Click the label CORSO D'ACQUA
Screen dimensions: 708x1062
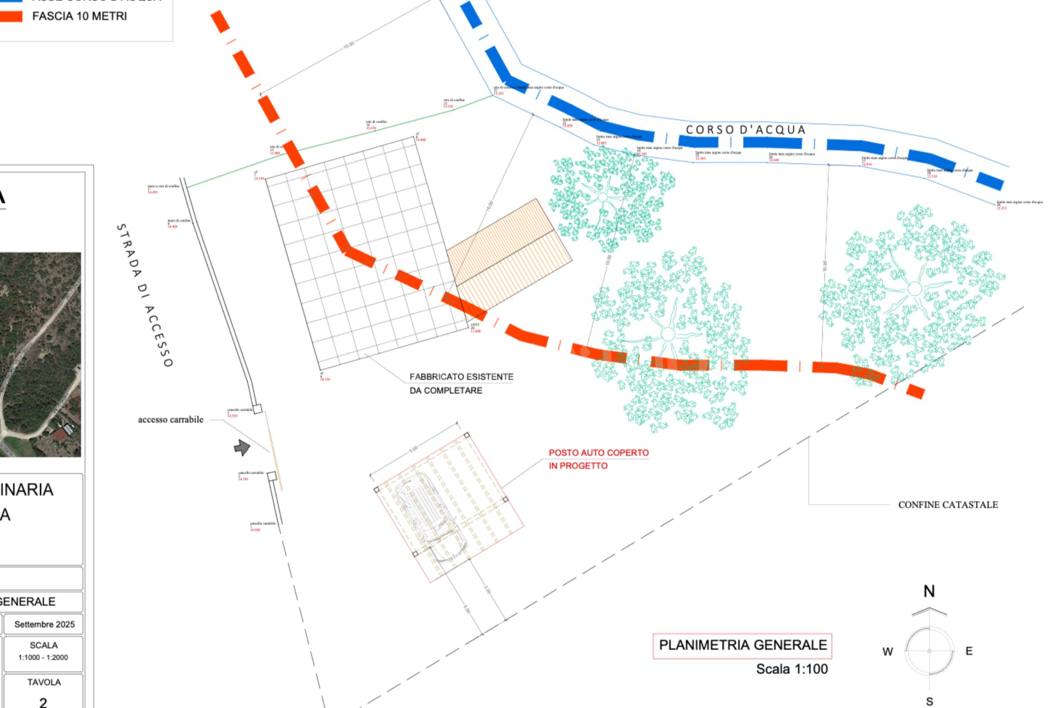[x=746, y=130]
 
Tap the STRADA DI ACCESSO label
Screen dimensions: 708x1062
[x=145, y=295]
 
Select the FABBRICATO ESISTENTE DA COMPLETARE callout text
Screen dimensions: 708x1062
[x=461, y=383]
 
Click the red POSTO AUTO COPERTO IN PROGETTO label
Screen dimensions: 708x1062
[x=598, y=459]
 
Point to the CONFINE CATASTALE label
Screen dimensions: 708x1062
[x=948, y=505]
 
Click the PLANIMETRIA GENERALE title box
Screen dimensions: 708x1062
[x=742, y=645]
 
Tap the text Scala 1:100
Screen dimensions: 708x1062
[x=792, y=669]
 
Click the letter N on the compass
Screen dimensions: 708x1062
[x=929, y=591]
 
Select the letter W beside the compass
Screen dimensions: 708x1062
[x=887, y=652]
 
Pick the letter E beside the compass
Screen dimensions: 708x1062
[x=969, y=651]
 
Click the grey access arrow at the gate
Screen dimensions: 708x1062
[x=242, y=447]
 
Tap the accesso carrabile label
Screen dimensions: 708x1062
[x=171, y=420]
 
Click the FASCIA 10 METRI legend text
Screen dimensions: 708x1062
[x=80, y=16]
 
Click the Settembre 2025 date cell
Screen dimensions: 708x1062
[x=44, y=624]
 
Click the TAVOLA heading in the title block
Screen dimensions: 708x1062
[x=43, y=682]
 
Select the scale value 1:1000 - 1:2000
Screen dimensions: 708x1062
[x=43, y=657]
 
